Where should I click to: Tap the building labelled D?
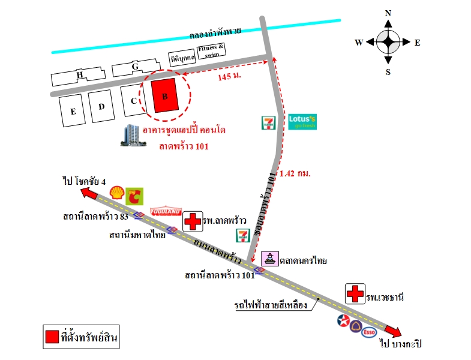click(x=101, y=106)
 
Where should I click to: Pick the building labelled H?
click(x=79, y=75)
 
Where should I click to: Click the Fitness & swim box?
click(x=213, y=50)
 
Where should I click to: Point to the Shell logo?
click(x=117, y=192)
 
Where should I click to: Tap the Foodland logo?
click(x=166, y=211)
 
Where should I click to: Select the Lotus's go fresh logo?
click(x=302, y=122)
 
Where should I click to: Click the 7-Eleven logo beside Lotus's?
click(x=268, y=123)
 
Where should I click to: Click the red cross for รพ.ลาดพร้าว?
click(x=193, y=221)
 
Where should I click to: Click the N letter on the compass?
click(x=388, y=13)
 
